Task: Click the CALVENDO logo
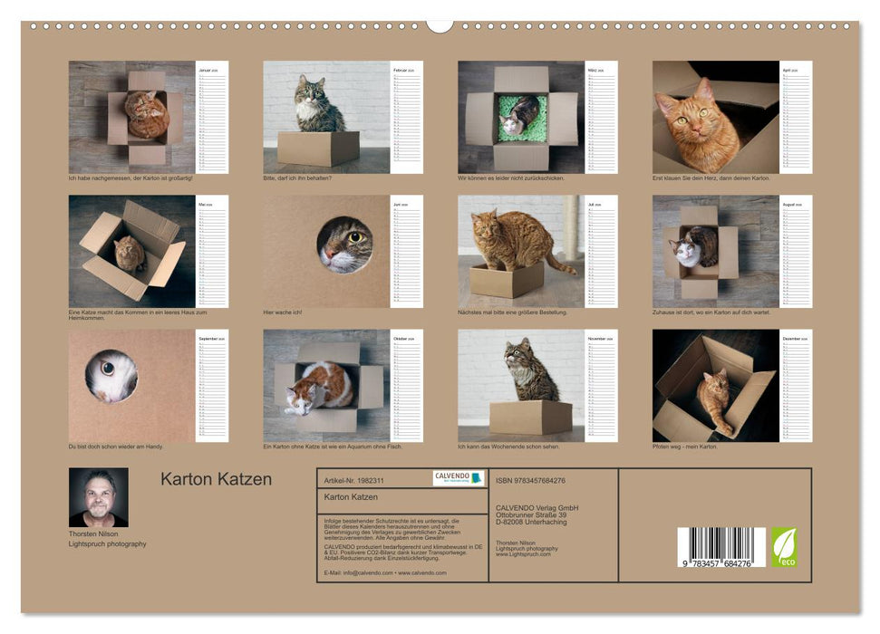tap(458, 478)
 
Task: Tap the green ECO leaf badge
tap(784, 547)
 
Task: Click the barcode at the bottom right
tap(720, 547)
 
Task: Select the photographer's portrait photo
tap(99, 497)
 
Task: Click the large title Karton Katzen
tap(216, 480)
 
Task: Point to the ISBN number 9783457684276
tap(530, 480)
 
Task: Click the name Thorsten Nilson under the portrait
tap(94, 534)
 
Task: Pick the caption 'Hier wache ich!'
tap(282, 312)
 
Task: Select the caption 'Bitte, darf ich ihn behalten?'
tap(297, 178)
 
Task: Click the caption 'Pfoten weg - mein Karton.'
tap(684, 447)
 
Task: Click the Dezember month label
tap(791, 338)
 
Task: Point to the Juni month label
tap(400, 204)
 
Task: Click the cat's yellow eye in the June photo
tap(356, 237)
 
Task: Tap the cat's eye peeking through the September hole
tap(108, 369)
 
